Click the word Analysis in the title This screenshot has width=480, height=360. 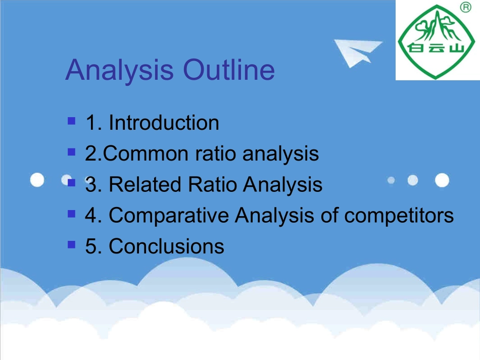(120, 71)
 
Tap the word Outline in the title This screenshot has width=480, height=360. (229, 70)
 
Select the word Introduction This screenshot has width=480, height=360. (164, 123)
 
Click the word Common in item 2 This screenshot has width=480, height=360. (146, 153)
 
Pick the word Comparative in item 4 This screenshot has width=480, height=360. (169, 215)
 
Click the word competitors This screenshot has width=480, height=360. (399, 215)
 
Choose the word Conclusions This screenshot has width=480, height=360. (167, 246)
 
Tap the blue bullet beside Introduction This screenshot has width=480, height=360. (71, 121)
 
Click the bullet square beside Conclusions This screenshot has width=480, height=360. (71, 244)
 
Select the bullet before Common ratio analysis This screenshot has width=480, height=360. (71, 152)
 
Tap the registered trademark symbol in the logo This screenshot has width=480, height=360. (466, 7)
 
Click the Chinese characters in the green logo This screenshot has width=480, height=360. (437, 48)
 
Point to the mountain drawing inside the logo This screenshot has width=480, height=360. (436, 26)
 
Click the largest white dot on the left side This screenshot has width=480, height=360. (37, 180)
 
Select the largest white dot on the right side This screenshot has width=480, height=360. (442, 180)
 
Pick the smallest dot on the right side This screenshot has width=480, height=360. (391, 180)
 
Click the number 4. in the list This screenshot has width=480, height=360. (93, 215)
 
